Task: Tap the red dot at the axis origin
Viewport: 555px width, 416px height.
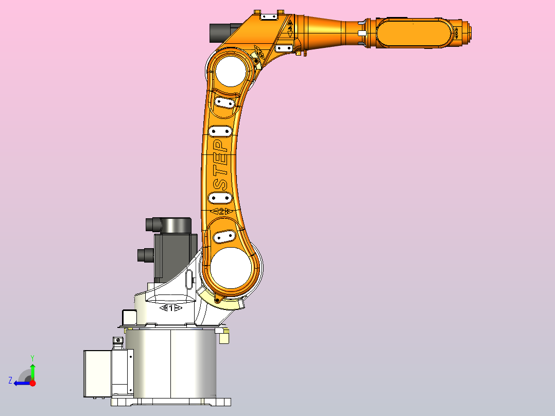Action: (32, 383)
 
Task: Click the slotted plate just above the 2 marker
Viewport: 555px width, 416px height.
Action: (220, 197)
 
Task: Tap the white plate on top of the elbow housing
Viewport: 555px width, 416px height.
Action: (269, 16)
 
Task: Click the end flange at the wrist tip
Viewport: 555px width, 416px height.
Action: (466, 33)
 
